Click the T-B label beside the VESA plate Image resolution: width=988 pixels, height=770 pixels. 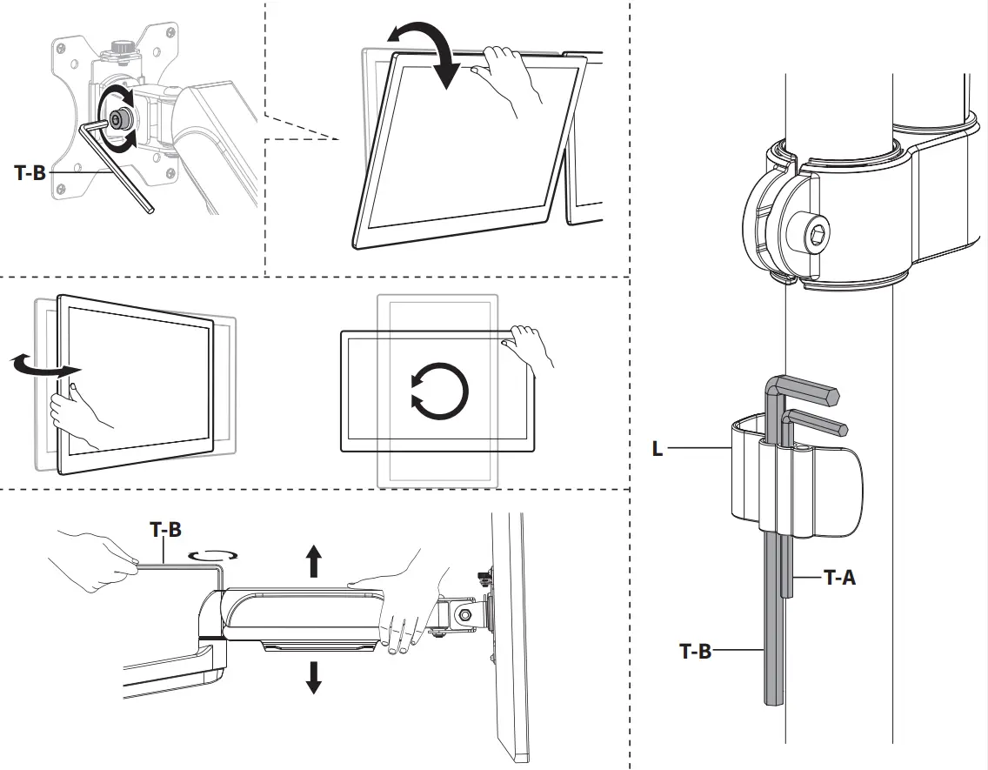pyautogui.click(x=30, y=172)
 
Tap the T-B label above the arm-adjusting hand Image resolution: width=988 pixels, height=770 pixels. pyautogui.click(x=165, y=530)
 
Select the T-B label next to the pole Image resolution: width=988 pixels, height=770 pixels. pyautogui.click(x=695, y=650)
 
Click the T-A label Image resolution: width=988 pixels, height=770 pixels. pyautogui.click(x=839, y=576)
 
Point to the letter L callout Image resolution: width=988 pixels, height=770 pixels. pyautogui.click(x=658, y=449)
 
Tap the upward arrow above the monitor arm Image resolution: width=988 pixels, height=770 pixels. pyautogui.click(x=314, y=562)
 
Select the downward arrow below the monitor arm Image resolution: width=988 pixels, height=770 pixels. pyautogui.click(x=314, y=677)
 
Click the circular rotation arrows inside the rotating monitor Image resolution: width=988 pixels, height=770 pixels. pyautogui.click(x=439, y=387)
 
